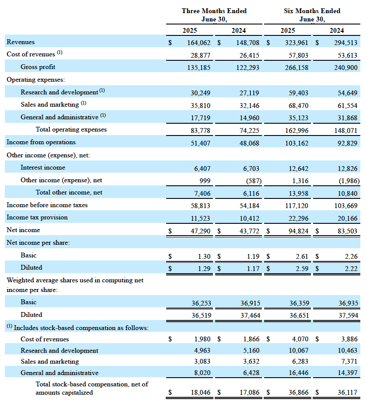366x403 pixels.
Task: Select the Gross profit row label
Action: (38, 67)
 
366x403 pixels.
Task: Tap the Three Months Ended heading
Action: (214, 11)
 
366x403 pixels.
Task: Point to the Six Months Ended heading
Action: (312, 11)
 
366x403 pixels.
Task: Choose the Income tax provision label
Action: (37, 217)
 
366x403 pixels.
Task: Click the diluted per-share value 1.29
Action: (204, 268)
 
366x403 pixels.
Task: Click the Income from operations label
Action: (41, 142)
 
